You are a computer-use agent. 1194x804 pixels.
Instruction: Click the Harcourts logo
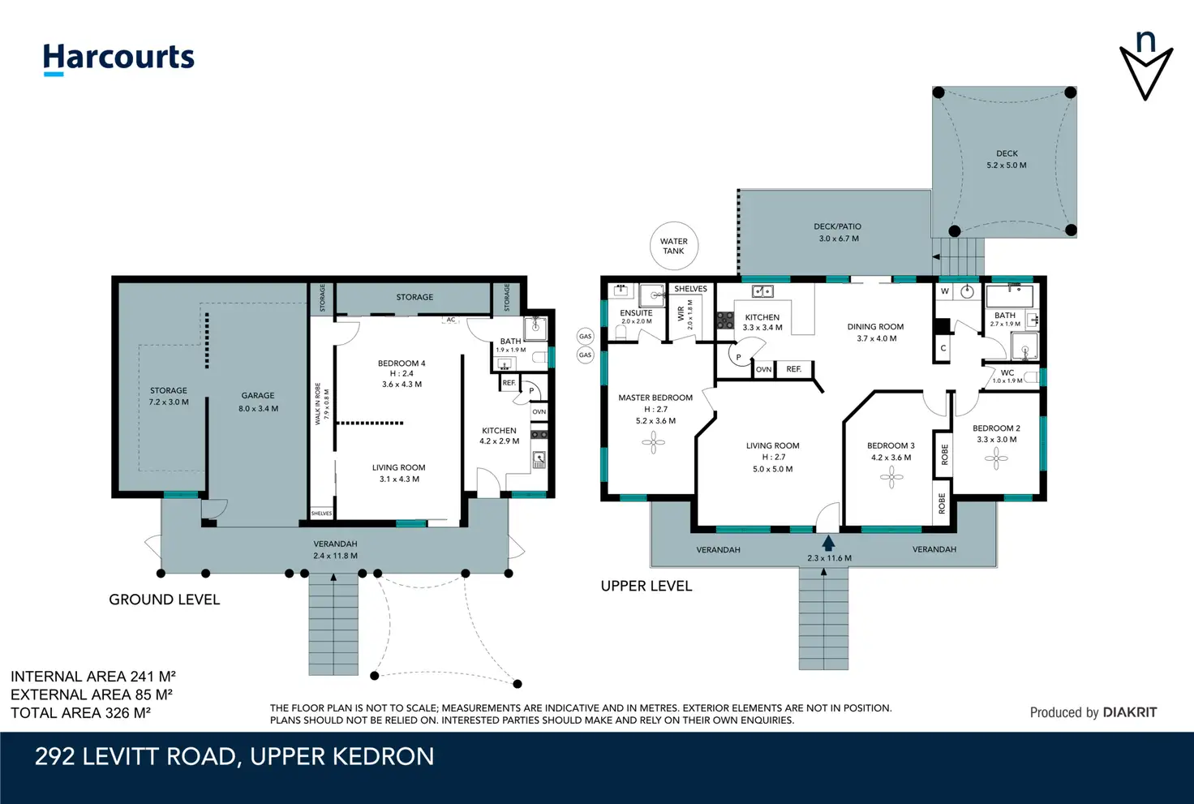[118, 58]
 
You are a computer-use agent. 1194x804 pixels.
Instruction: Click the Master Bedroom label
[655, 398]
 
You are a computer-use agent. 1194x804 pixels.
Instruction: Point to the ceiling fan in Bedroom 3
[891, 478]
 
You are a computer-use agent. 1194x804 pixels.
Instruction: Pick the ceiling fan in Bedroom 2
[996, 458]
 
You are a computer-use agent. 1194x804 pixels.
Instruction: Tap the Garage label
[258, 396]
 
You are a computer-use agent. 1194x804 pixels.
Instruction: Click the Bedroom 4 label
[402, 363]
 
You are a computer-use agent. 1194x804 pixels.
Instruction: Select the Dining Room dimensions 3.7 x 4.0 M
[876, 338]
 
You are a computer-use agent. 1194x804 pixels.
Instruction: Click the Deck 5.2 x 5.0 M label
[1007, 159]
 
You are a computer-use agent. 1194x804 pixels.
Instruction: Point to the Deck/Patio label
[837, 226]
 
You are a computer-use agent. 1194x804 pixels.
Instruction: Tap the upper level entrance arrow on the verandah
[828, 543]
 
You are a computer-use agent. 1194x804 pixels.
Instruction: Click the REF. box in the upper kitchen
[793, 369]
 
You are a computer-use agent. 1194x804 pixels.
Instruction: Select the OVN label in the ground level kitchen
[539, 411]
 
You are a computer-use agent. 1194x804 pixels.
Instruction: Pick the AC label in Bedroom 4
[451, 320]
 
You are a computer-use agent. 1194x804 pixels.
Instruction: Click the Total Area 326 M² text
[81, 713]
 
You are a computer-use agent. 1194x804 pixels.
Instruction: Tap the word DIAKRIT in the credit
[1129, 713]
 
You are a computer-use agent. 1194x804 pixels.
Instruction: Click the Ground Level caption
[164, 600]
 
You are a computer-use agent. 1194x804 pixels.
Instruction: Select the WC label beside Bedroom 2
[1007, 372]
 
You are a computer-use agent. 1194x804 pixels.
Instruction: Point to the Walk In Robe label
[318, 403]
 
